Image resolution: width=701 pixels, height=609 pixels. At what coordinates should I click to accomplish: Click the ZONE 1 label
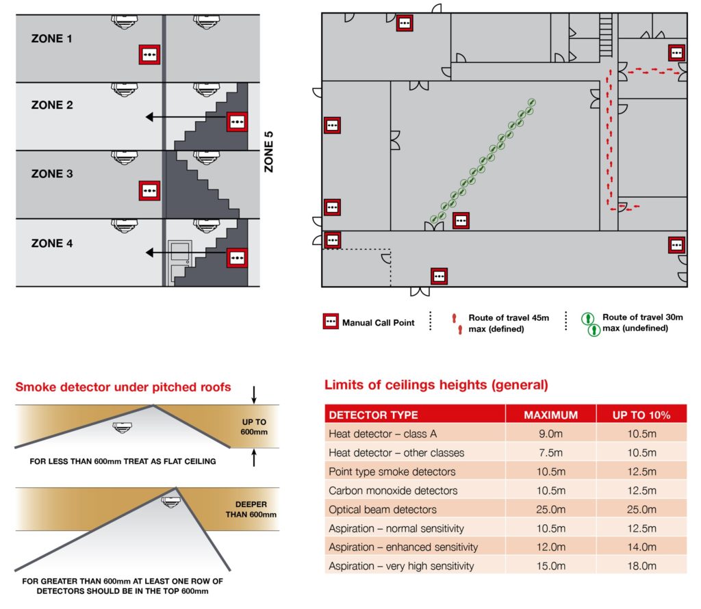pos(51,39)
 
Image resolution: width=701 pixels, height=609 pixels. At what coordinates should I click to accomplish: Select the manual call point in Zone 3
pos(149,191)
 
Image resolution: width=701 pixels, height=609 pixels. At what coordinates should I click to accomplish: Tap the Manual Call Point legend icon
pos(331,322)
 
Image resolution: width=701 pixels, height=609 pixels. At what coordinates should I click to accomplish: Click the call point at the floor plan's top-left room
pos(405,23)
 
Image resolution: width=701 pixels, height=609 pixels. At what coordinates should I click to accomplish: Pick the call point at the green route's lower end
pos(461,220)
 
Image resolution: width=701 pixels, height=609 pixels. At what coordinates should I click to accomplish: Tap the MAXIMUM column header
pos(550,415)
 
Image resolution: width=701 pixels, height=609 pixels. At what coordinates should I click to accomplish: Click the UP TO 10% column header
pos(641,415)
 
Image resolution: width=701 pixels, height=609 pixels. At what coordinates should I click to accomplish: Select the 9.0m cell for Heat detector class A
pos(550,434)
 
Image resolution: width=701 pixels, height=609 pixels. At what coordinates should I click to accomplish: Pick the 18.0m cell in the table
pos(641,566)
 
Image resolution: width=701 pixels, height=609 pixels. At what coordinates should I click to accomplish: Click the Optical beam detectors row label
pos(382,509)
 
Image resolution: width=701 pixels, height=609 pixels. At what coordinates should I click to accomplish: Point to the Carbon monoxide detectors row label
pos(393,491)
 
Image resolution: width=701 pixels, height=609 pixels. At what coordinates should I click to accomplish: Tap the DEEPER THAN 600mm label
pos(251,510)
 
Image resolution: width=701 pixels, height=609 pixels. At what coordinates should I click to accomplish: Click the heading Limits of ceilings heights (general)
pos(436,385)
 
